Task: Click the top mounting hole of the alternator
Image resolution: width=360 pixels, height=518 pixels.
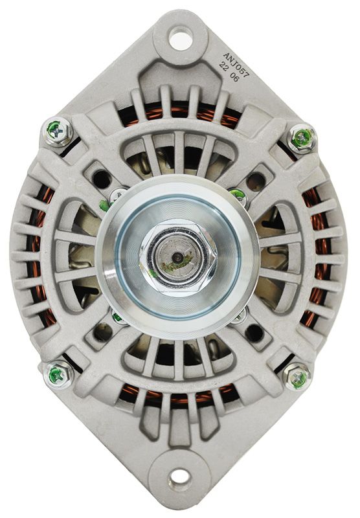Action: pyautogui.click(x=181, y=38)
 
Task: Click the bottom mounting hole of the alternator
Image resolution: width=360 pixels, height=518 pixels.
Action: pyautogui.click(x=179, y=479)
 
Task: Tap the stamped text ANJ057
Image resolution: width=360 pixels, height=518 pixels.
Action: pyautogui.click(x=236, y=64)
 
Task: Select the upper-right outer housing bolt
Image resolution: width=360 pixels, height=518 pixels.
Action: pyautogui.click(x=302, y=137)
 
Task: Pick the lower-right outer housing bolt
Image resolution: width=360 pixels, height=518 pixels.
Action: pyautogui.click(x=297, y=376)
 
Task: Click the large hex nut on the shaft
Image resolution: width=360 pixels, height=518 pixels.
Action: pyautogui.click(x=177, y=255)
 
